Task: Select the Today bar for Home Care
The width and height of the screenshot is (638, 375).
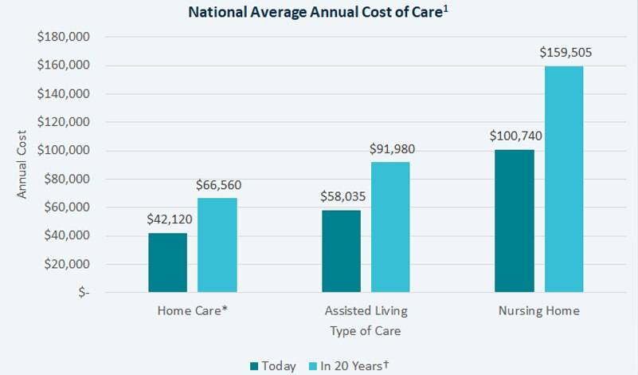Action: (x=168, y=262)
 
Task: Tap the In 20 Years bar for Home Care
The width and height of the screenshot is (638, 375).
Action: (x=217, y=245)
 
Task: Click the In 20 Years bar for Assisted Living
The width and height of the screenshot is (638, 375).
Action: (x=390, y=227)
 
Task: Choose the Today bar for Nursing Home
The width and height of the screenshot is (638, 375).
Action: (x=514, y=221)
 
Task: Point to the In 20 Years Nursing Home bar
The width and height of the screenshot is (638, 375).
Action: (x=563, y=180)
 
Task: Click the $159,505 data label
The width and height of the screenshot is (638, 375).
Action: (x=566, y=53)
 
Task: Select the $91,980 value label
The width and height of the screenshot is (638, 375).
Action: (x=392, y=148)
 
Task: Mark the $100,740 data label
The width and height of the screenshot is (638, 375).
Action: (x=516, y=136)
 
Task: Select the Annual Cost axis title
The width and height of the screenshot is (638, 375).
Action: (x=22, y=164)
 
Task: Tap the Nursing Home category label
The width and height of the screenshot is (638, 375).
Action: (x=540, y=310)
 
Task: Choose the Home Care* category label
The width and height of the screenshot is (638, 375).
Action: (x=193, y=310)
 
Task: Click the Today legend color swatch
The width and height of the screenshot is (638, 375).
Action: (x=255, y=366)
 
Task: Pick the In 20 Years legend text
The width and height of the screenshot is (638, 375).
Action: (x=355, y=366)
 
